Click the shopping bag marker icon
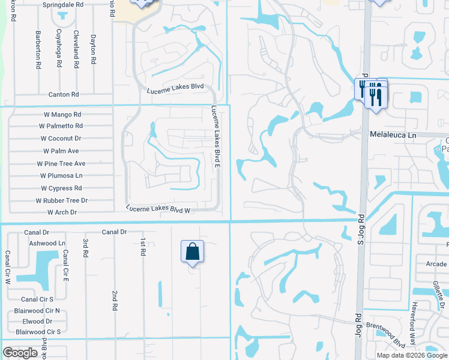tap(192, 251)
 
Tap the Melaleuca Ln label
tap(393, 136)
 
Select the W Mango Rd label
tap(62, 114)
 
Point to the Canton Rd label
tap(64, 95)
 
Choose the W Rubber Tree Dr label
tap(62, 200)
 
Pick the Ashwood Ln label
tap(47, 244)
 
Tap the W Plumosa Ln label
tap(61, 176)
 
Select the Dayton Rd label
tap(93, 49)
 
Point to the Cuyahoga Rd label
tap(58, 45)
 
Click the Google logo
tap(20, 353)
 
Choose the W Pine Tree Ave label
tap(61, 163)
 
